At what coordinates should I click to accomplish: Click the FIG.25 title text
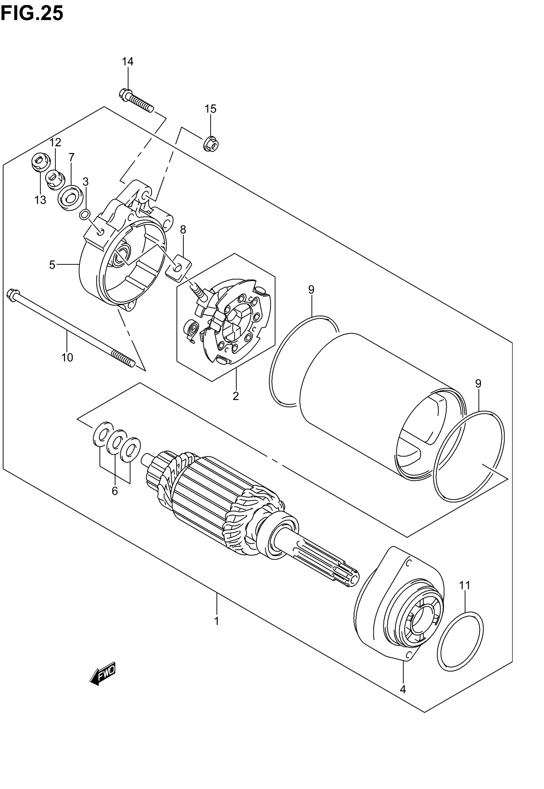32,14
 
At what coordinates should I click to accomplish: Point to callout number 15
210,109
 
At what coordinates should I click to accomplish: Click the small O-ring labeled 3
85,215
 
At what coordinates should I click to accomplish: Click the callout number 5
52,265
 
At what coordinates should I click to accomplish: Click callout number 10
67,358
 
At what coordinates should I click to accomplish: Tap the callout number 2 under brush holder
236,396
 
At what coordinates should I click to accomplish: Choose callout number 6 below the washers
115,491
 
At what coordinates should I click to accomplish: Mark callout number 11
465,585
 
